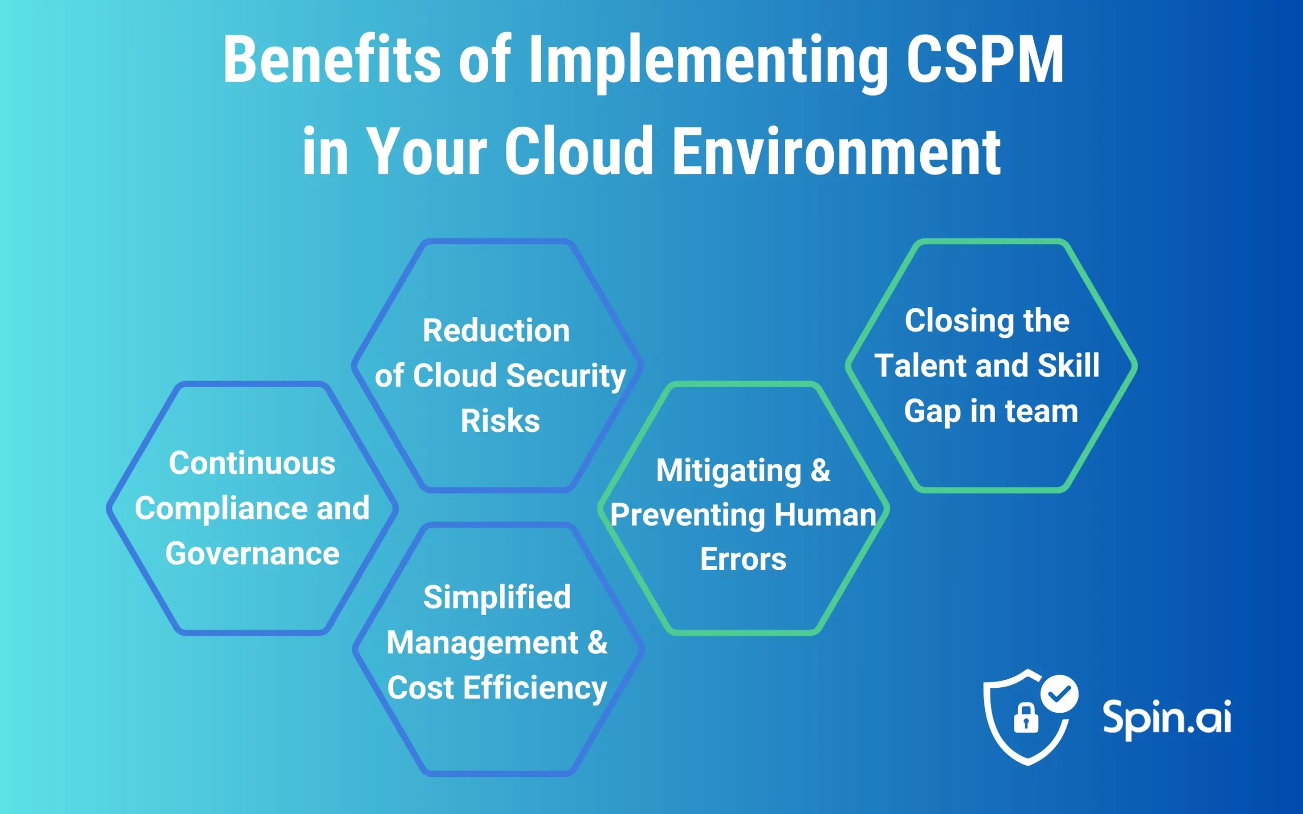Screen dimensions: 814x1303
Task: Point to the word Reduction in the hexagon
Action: (x=496, y=330)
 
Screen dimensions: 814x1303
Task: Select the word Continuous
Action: (x=252, y=463)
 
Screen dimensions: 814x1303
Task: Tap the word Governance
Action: (x=252, y=554)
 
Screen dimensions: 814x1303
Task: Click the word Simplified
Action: (x=496, y=597)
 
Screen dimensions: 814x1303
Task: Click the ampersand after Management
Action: (x=597, y=642)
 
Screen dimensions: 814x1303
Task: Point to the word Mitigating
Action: (x=728, y=471)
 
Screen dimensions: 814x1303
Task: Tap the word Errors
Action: (x=743, y=559)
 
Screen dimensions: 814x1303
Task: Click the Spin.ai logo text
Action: (x=1166, y=718)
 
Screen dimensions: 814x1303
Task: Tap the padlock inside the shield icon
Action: (x=1026, y=718)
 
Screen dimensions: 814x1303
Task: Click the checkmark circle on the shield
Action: (x=1059, y=694)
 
